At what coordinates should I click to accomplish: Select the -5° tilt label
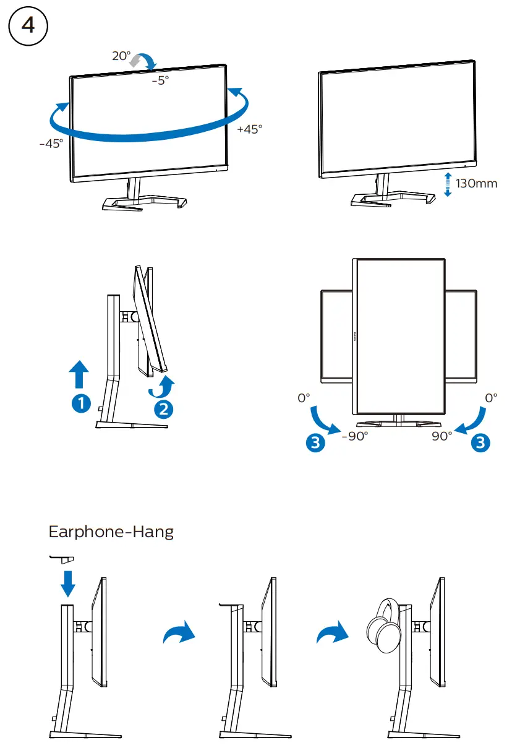pyautogui.click(x=160, y=80)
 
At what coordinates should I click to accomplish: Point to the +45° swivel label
pyautogui.click(x=250, y=129)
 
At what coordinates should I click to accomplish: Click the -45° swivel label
pyautogui.click(x=51, y=144)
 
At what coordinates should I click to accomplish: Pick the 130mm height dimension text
pyautogui.click(x=476, y=184)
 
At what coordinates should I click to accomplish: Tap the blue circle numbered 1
pyautogui.click(x=80, y=403)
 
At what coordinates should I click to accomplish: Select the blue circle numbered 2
pyautogui.click(x=163, y=409)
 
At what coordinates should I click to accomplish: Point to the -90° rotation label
pyautogui.click(x=355, y=436)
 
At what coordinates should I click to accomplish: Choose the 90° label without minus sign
pyautogui.click(x=442, y=436)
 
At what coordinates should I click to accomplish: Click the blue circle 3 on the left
pyautogui.click(x=315, y=442)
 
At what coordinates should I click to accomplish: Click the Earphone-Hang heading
pyautogui.click(x=111, y=531)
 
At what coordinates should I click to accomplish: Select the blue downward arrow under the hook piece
pyautogui.click(x=68, y=583)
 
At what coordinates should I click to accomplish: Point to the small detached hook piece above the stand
pyautogui.click(x=62, y=559)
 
